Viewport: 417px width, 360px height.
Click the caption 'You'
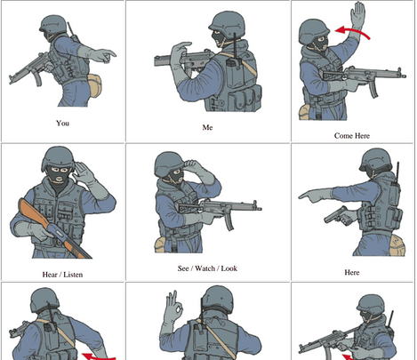[x=62, y=123]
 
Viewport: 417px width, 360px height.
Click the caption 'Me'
[x=207, y=127]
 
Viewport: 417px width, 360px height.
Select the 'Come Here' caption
[x=352, y=135]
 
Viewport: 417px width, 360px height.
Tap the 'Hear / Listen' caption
[x=62, y=274]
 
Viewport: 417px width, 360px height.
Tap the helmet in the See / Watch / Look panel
[x=169, y=164]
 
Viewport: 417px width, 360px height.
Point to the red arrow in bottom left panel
[x=100, y=356]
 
